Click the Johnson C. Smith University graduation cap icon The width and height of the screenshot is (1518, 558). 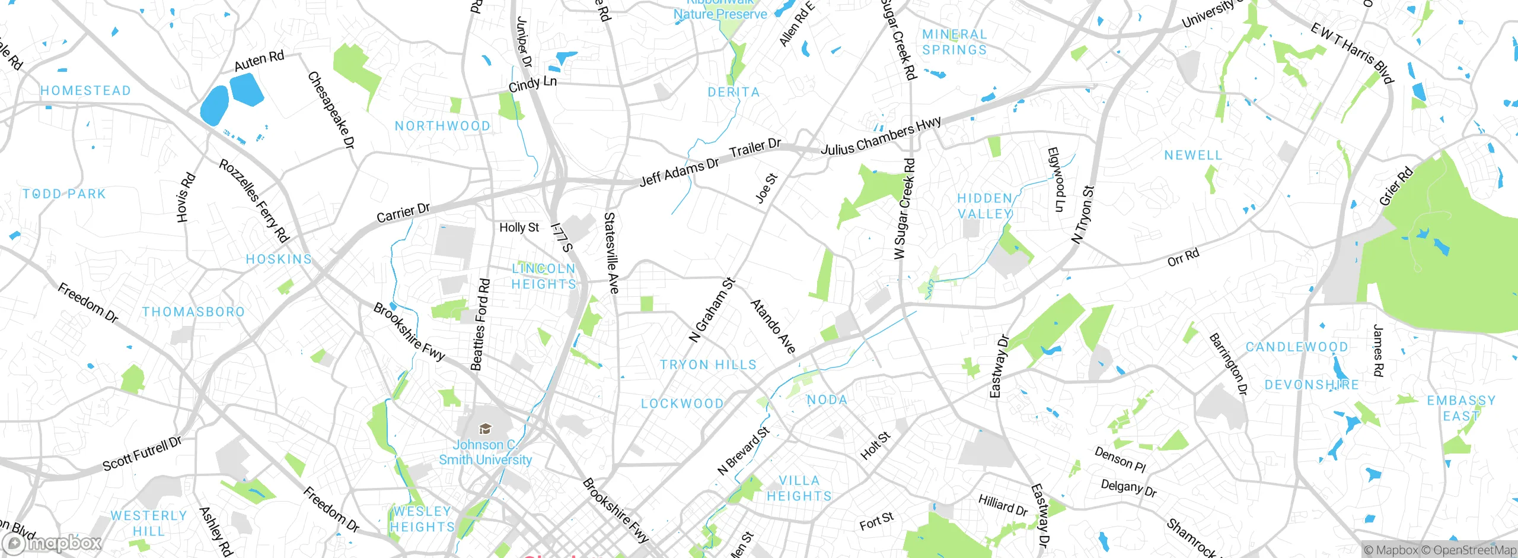[x=485, y=429]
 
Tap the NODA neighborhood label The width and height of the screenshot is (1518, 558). [x=827, y=400]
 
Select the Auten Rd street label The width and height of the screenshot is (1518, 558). [x=259, y=61]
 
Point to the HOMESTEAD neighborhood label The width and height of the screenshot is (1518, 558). [x=85, y=91]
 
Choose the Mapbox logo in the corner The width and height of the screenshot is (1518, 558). [x=52, y=543]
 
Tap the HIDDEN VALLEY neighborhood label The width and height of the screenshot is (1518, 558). [x=985, y=206]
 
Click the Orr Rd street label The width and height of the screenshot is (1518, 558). [x=1183, y=258]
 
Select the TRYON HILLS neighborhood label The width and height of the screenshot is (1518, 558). [x=708, y=364]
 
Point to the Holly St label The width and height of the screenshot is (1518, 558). [x=519, y=227]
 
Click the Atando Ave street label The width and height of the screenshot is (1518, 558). [x=773, y=326]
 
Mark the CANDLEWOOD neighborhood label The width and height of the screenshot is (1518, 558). [x=1296, y=347]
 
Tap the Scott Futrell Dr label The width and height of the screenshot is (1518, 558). [x=142, y=454]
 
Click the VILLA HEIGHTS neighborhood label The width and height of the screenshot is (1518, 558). [x=799, y=488]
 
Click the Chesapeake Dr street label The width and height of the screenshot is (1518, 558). [x=331, y=110]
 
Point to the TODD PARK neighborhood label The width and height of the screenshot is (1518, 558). [x=64, y=194]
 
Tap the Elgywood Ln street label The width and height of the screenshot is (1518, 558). [x=1056, y=179]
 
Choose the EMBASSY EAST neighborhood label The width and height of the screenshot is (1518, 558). [x=1461, y=408]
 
